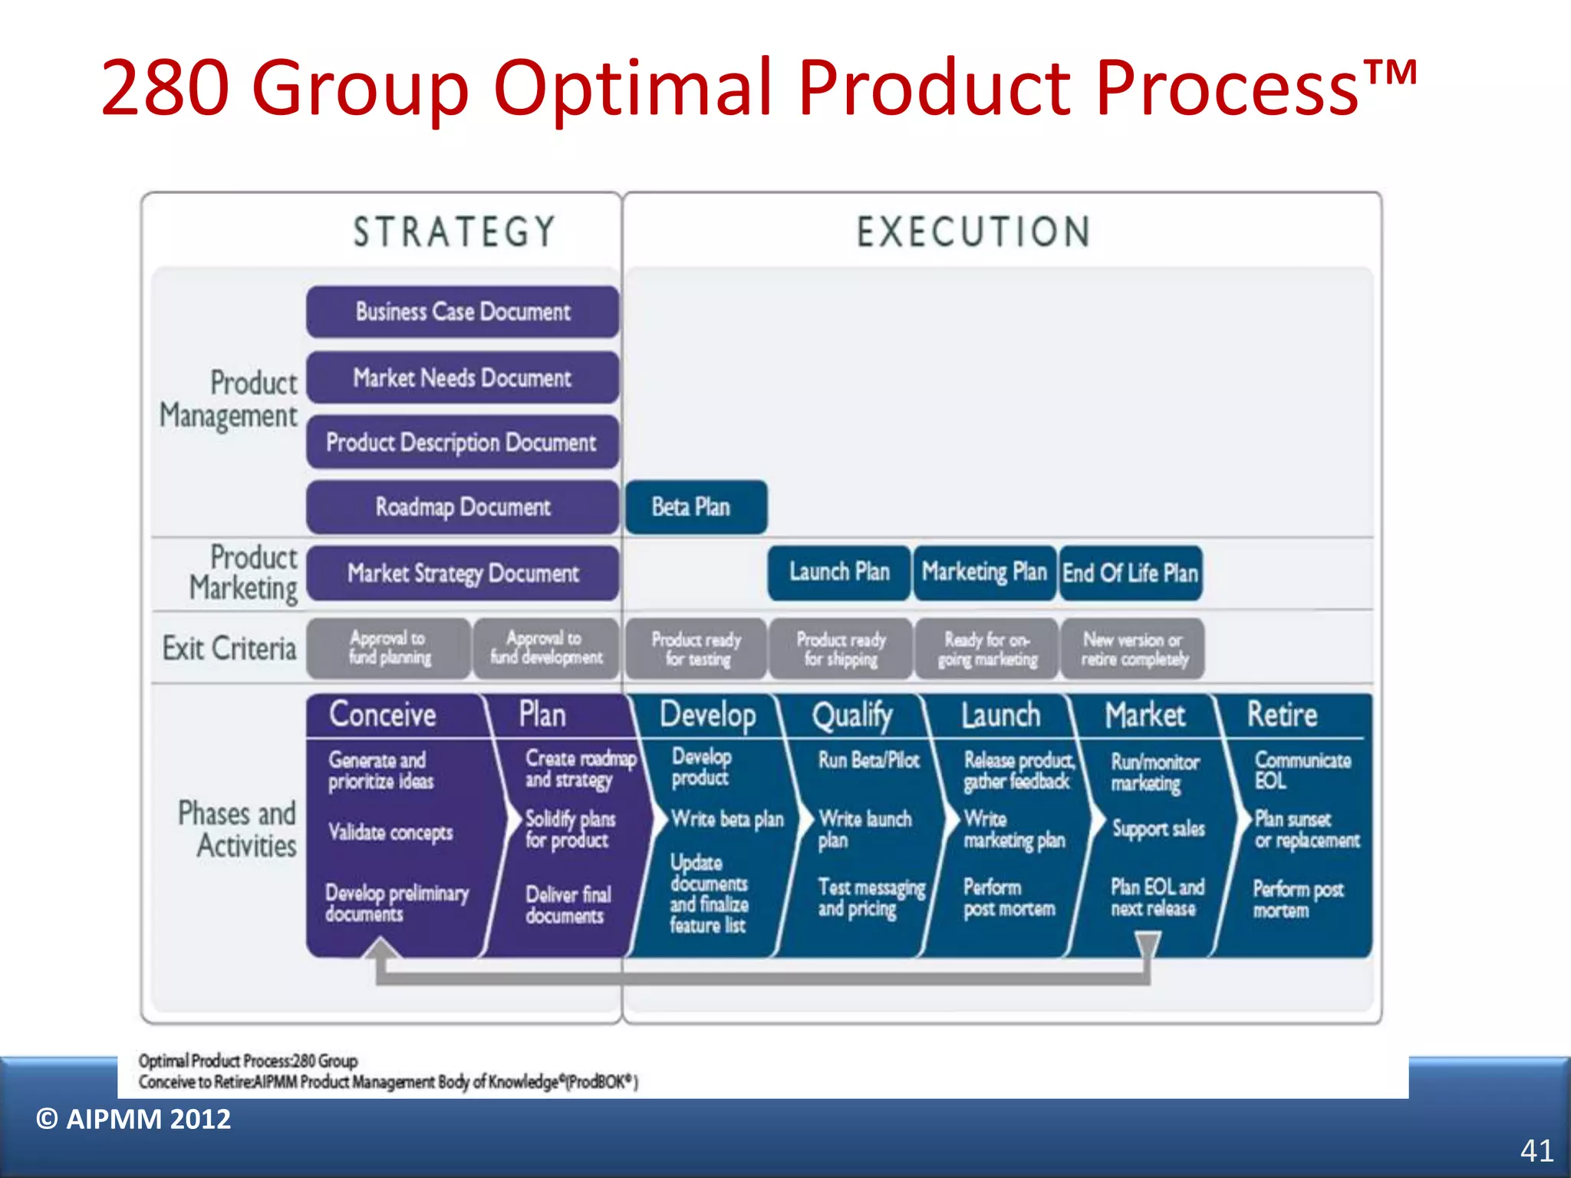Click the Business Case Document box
tap(463, 311)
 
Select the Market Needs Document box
tap(463, 377)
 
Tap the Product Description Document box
tap(463, 442)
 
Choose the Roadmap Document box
tap(463, 507)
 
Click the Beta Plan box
tap(695, 507)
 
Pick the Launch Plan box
tap(839, 572)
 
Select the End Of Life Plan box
tap(1130, 573)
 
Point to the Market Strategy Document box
tap(463, 573)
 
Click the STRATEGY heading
tap(454, 232)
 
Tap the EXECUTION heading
tap(973, 232)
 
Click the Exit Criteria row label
tap(229, 649)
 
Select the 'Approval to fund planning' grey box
tap(389, 648)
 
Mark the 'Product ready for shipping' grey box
tap(841, 649)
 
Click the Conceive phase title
tap(383, 715)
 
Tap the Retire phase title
tap(1282, 715)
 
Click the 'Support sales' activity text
tap(1158, 828)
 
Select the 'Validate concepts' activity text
tap(390, 832)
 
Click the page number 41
tap(1536, 1150)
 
